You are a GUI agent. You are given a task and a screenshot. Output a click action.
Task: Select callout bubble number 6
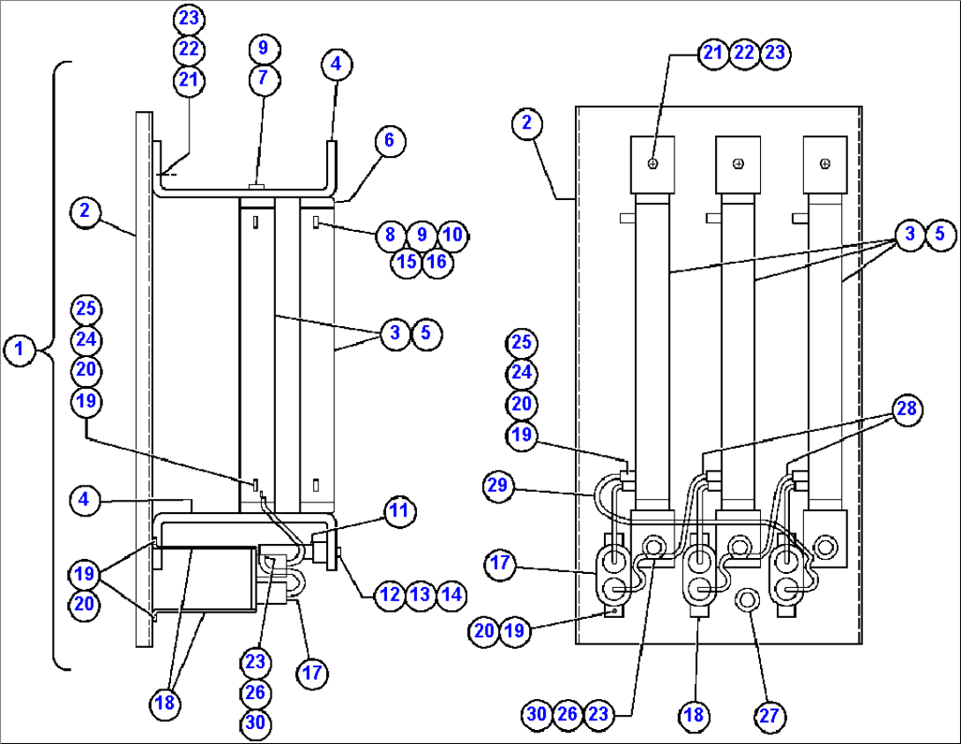(389, 140)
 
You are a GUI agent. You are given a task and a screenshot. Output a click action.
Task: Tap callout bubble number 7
(263, 79)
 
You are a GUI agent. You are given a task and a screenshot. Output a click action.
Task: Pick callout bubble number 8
(391, 234)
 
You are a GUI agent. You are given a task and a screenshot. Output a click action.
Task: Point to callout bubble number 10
(453, 234)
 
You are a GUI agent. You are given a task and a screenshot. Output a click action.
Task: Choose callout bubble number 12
(389, 594)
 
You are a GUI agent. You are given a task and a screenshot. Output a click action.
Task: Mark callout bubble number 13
(421, 594)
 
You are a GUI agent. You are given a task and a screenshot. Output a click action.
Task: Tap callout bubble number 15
(406, 263)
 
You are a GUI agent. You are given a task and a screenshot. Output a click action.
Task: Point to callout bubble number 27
(770, 715)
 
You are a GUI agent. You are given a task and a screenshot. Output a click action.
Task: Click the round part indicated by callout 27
(747, 601)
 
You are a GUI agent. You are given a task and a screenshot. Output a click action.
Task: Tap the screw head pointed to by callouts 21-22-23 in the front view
(652, 164)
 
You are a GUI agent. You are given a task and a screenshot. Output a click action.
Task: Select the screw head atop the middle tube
(738, 163)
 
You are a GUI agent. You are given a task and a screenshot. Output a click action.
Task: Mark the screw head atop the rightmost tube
(824, 163)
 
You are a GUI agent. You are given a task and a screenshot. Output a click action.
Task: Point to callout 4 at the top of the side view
(336, 64)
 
